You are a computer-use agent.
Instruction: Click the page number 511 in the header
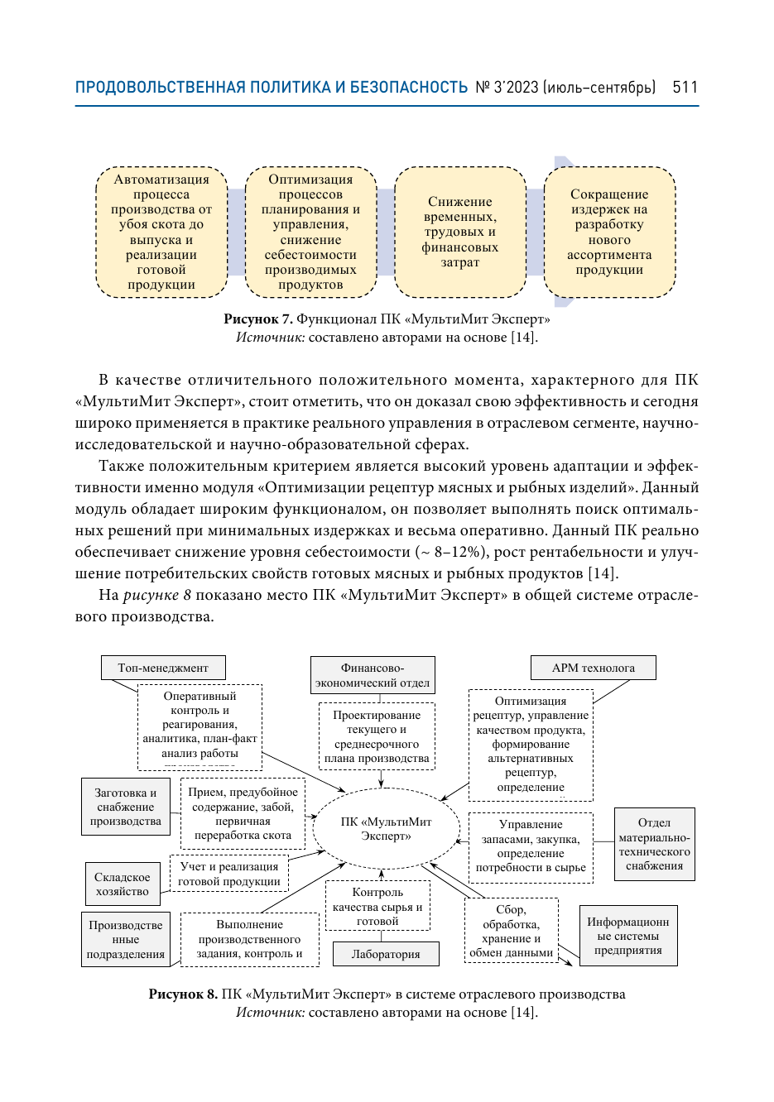pyautogui.click(x=685, y=88)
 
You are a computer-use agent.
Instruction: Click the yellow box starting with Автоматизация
pyautogui.click(x=161, y=232)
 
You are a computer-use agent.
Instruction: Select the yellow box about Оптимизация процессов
pyautogui.click(x=310, y=232)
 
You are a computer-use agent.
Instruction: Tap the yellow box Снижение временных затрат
pyautogui.click(x=460, y=232)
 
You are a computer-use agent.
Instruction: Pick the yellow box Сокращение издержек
pyautogui.click(x=609, y=232)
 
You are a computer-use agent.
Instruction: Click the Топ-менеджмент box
pyautogui.click(x=163, y=668)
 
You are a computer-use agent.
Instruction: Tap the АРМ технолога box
pyautogui.click(x=593, y=668)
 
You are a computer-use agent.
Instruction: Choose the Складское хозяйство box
pyautogui.click(x=123, y=884)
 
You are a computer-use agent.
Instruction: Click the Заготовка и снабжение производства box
pyautogui.click(x=126, y=807)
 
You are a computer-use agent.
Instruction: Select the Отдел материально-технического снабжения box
pyautogui.click(x=654, y=845)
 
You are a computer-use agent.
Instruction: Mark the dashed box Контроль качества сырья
pyautogui.click(x=377, y=907)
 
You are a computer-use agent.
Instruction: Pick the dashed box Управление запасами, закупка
pyautogui.click(x=531, y=846)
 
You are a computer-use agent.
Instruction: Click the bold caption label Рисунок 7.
pyautogui.click(x=257, y=319)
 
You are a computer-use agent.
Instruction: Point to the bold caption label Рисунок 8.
pyautogui.click(x=183, y=994)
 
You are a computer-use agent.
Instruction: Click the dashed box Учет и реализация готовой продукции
pyautogui.click(x=229, y=874)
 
